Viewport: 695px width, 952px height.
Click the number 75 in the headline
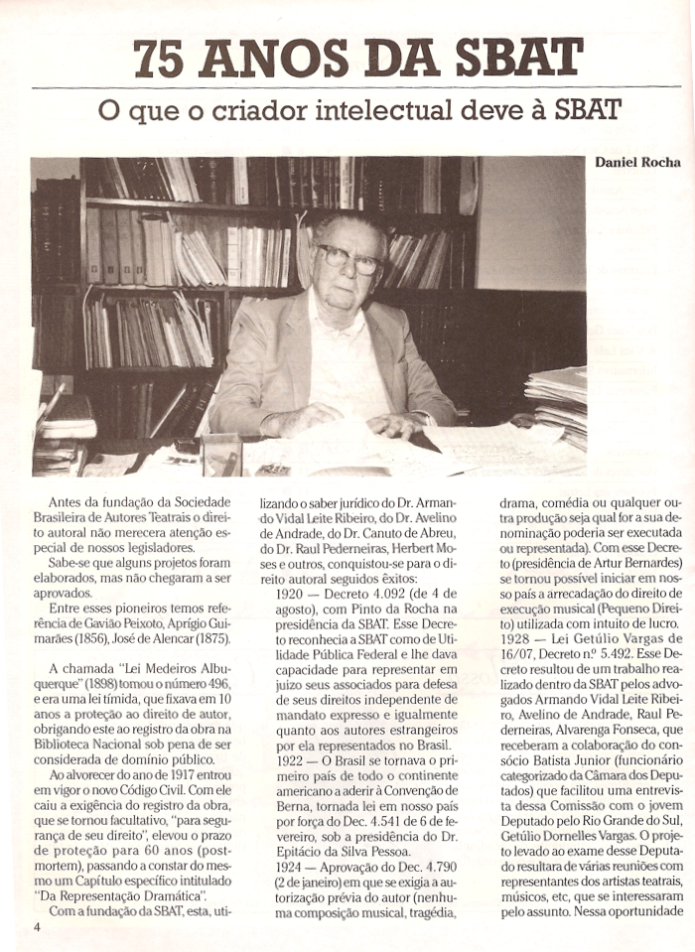[x=160, y=58]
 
